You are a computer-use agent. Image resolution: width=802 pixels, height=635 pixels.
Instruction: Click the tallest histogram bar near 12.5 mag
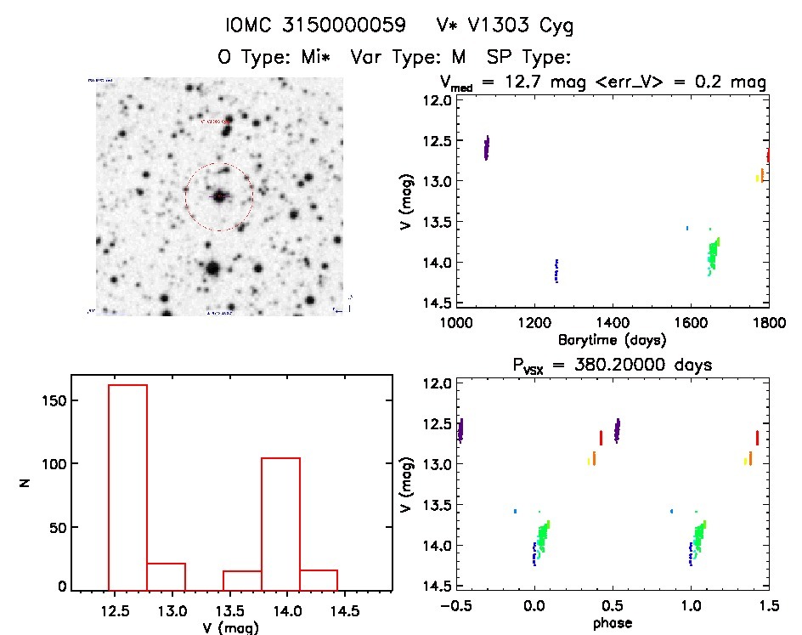pos(127,485)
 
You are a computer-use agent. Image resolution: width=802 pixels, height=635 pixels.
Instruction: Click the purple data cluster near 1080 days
pos(487,148)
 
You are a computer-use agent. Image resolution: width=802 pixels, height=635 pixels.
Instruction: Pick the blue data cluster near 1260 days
pos(556,271)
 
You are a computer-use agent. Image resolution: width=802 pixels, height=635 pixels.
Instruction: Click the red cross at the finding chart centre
pos(220,196)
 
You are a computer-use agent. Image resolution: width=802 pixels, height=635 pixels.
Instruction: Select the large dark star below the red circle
pos(212,269)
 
